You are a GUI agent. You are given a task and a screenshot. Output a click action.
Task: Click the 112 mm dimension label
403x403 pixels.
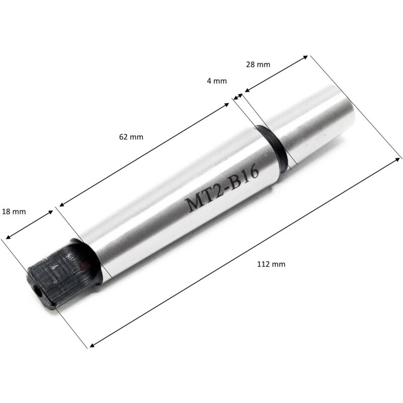tap(268, 263)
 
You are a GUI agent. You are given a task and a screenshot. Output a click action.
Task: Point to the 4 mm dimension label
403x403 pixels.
tap(217, 80)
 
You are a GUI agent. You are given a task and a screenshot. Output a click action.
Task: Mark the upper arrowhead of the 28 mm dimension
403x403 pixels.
tap(306, 57)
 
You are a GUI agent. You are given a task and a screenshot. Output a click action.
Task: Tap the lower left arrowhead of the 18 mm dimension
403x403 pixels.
tap(8, 236)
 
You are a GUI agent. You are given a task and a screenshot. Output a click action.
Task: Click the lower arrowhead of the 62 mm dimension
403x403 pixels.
tap(61, 206)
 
